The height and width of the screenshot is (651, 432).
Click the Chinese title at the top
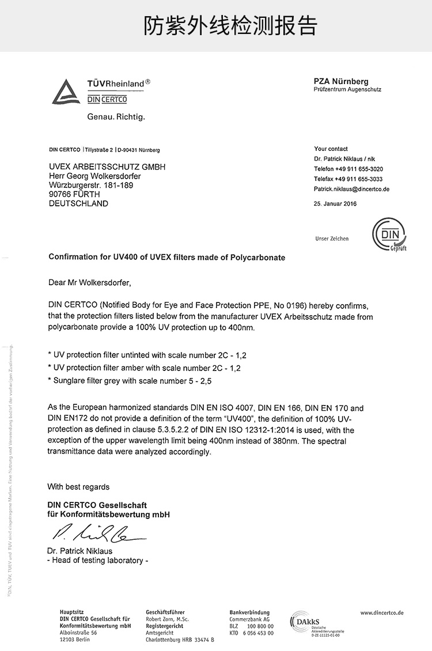click(230, 26)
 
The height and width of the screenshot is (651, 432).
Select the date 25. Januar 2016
click(335, 203)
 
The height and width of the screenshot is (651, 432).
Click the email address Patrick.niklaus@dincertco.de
click(351, 189)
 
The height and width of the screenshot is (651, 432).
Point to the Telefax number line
click(348, 179)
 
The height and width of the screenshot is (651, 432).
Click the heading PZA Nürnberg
click(341, 81)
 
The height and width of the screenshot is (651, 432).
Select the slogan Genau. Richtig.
click(116, 117)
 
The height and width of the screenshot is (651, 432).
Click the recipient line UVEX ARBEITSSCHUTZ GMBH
click(107, 166)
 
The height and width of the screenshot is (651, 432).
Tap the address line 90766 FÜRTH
click(74, 194)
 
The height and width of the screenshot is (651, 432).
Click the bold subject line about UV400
click(167, 257)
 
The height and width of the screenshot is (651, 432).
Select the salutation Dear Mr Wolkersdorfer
click(90, 283)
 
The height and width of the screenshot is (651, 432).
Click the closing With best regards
click(78, 487)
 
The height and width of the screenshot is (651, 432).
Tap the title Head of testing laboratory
click(98, 561)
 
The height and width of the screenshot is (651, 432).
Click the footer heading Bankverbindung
click(249, 612)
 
